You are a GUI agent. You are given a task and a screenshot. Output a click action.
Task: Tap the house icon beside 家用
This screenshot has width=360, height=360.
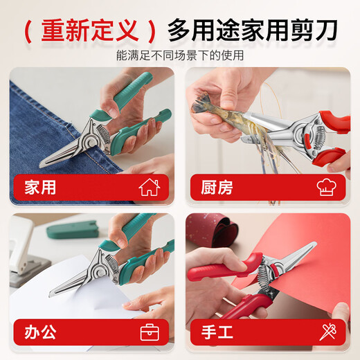click(149, 187)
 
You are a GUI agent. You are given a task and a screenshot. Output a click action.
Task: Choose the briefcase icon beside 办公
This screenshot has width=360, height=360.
click(149, 332)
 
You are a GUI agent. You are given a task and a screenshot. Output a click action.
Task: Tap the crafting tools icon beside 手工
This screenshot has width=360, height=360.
click(327, 332)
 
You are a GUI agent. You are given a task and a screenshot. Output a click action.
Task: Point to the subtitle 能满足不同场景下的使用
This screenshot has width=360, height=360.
click(180, 55)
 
